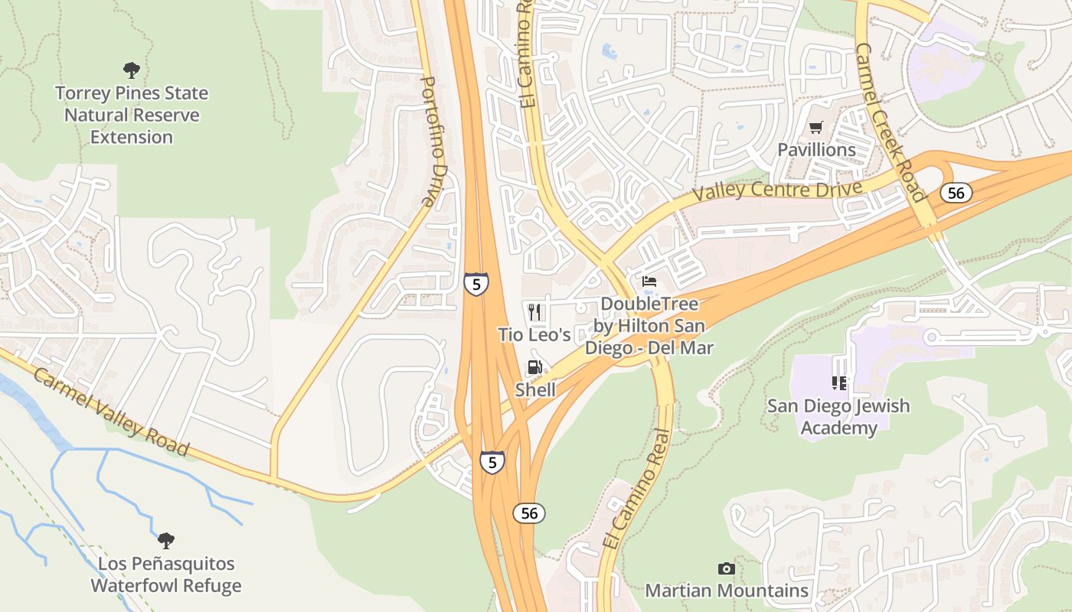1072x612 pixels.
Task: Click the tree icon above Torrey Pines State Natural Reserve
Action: pos(132,70)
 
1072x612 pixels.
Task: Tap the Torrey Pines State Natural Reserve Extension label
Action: pos(132,116)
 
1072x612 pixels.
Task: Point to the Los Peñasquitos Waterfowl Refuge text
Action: pos(166,575)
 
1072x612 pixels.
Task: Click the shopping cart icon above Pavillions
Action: pos(816,127)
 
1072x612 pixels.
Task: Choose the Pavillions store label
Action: pos(816,150)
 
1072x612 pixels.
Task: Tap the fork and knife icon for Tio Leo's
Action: pos(534,311)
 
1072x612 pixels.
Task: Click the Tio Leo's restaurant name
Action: pos(534,335)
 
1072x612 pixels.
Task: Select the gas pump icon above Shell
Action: pos(534,368)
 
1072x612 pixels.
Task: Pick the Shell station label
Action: pos(534,390)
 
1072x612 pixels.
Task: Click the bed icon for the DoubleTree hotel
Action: pos(649,282)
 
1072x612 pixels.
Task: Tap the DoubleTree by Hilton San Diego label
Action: pos(649,326)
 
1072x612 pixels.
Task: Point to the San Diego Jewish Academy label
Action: pos(838,417)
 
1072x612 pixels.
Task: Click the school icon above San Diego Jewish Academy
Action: pos(838,382)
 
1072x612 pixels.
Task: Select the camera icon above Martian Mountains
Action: pos(726,568)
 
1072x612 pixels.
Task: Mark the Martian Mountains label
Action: pos(726,591)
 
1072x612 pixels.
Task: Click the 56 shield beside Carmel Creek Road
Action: pos(956,193)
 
